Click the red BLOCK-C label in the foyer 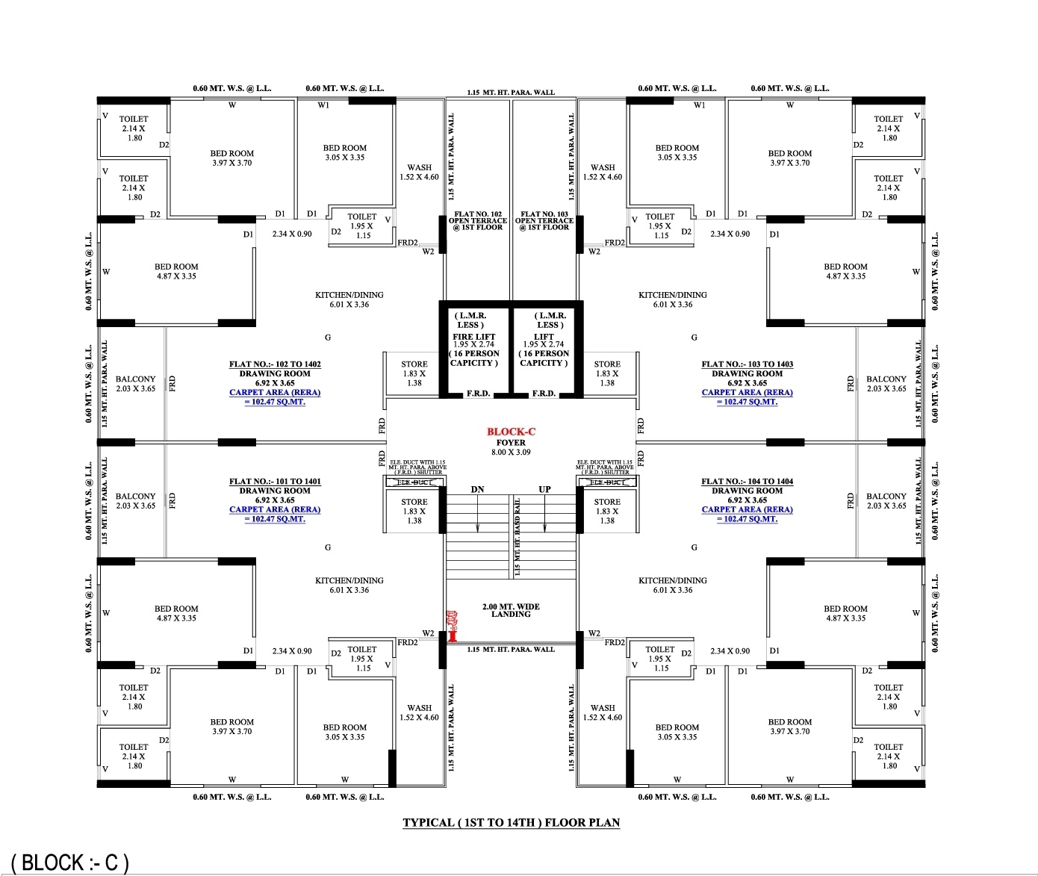(511, 432)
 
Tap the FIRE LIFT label (473, 337)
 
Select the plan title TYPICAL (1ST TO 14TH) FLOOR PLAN (511, 823)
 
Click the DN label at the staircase (478, 490)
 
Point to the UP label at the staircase (544, 490)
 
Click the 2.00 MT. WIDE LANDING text (511, 611)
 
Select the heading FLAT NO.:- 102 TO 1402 (275, 364)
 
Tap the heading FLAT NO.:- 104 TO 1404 (747, 482)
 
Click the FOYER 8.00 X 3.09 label (511, 447)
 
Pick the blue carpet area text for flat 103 (747, 397)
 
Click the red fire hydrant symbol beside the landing (452, 626)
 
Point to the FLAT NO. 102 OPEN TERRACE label (478, 220)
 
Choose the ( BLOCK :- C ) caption (70, 863)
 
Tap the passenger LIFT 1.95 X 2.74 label (544, 341)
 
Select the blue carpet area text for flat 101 (275, 515)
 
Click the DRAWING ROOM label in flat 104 (747, 491)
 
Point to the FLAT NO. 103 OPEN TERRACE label (544, 220)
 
